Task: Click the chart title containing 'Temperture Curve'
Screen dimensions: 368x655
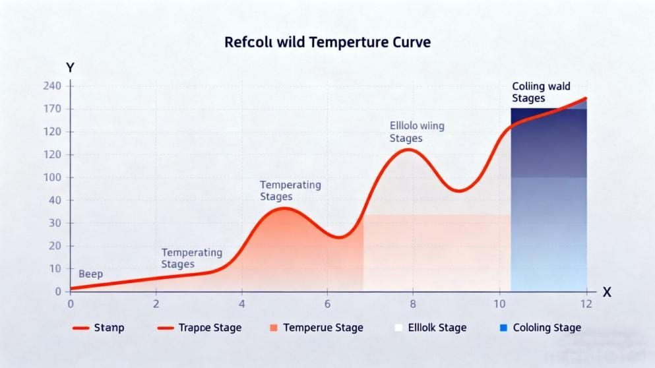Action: coord(327,43)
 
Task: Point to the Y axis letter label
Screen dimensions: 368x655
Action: coord(70,67)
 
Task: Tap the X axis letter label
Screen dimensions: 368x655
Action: coord(606,292)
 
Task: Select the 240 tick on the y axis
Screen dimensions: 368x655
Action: coord(52,86)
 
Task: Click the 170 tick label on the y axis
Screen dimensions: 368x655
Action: coord(52,109)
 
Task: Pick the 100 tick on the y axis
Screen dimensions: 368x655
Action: coord(52,177)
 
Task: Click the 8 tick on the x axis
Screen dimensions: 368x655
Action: coord(413,304)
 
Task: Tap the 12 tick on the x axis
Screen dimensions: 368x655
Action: coord(586,304)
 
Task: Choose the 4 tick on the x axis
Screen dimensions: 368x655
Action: coord(241,304)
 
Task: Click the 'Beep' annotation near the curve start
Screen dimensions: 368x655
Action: coord(90,274)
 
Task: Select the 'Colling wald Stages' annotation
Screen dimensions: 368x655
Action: coord(541,92)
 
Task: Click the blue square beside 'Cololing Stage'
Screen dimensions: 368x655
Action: coord(503,328)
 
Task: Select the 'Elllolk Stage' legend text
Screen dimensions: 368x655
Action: coord(437,328)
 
